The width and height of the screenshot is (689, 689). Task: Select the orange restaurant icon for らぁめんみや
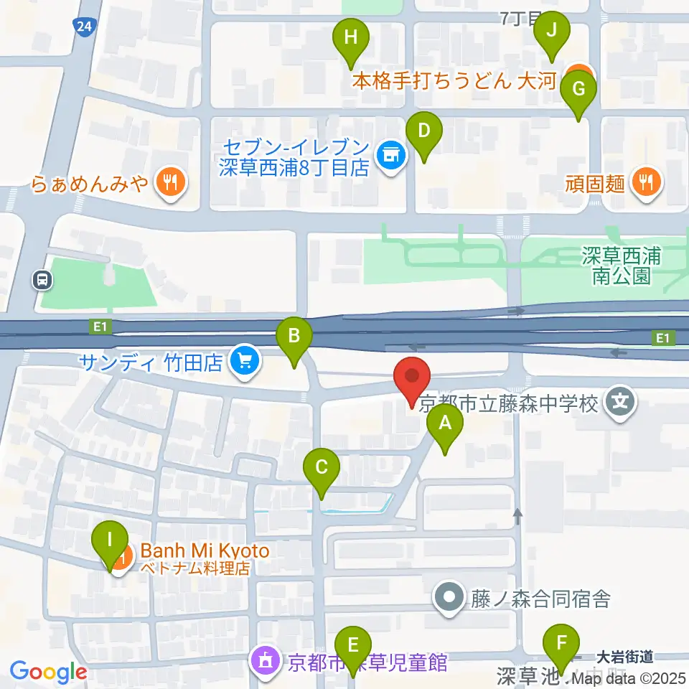click(x=169, y=184)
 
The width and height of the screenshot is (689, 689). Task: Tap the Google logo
click(x=49, y=672)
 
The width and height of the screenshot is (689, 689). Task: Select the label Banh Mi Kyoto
click(x=205, y=551)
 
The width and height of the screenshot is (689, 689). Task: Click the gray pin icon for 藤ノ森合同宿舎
click(x=450, y=597)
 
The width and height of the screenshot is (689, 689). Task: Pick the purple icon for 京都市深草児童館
click(x=266, y=660)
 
